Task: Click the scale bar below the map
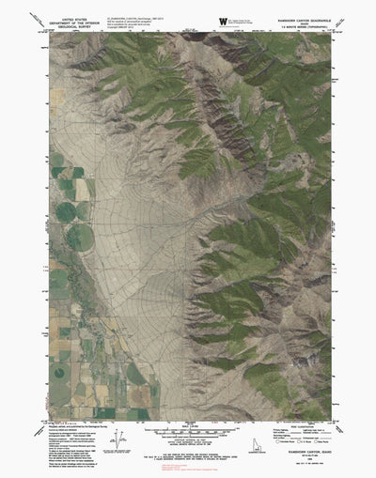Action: coord(188,430)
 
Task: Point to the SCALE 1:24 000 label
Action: coord(188,424)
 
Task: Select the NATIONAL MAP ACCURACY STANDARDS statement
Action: coord(188,445)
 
